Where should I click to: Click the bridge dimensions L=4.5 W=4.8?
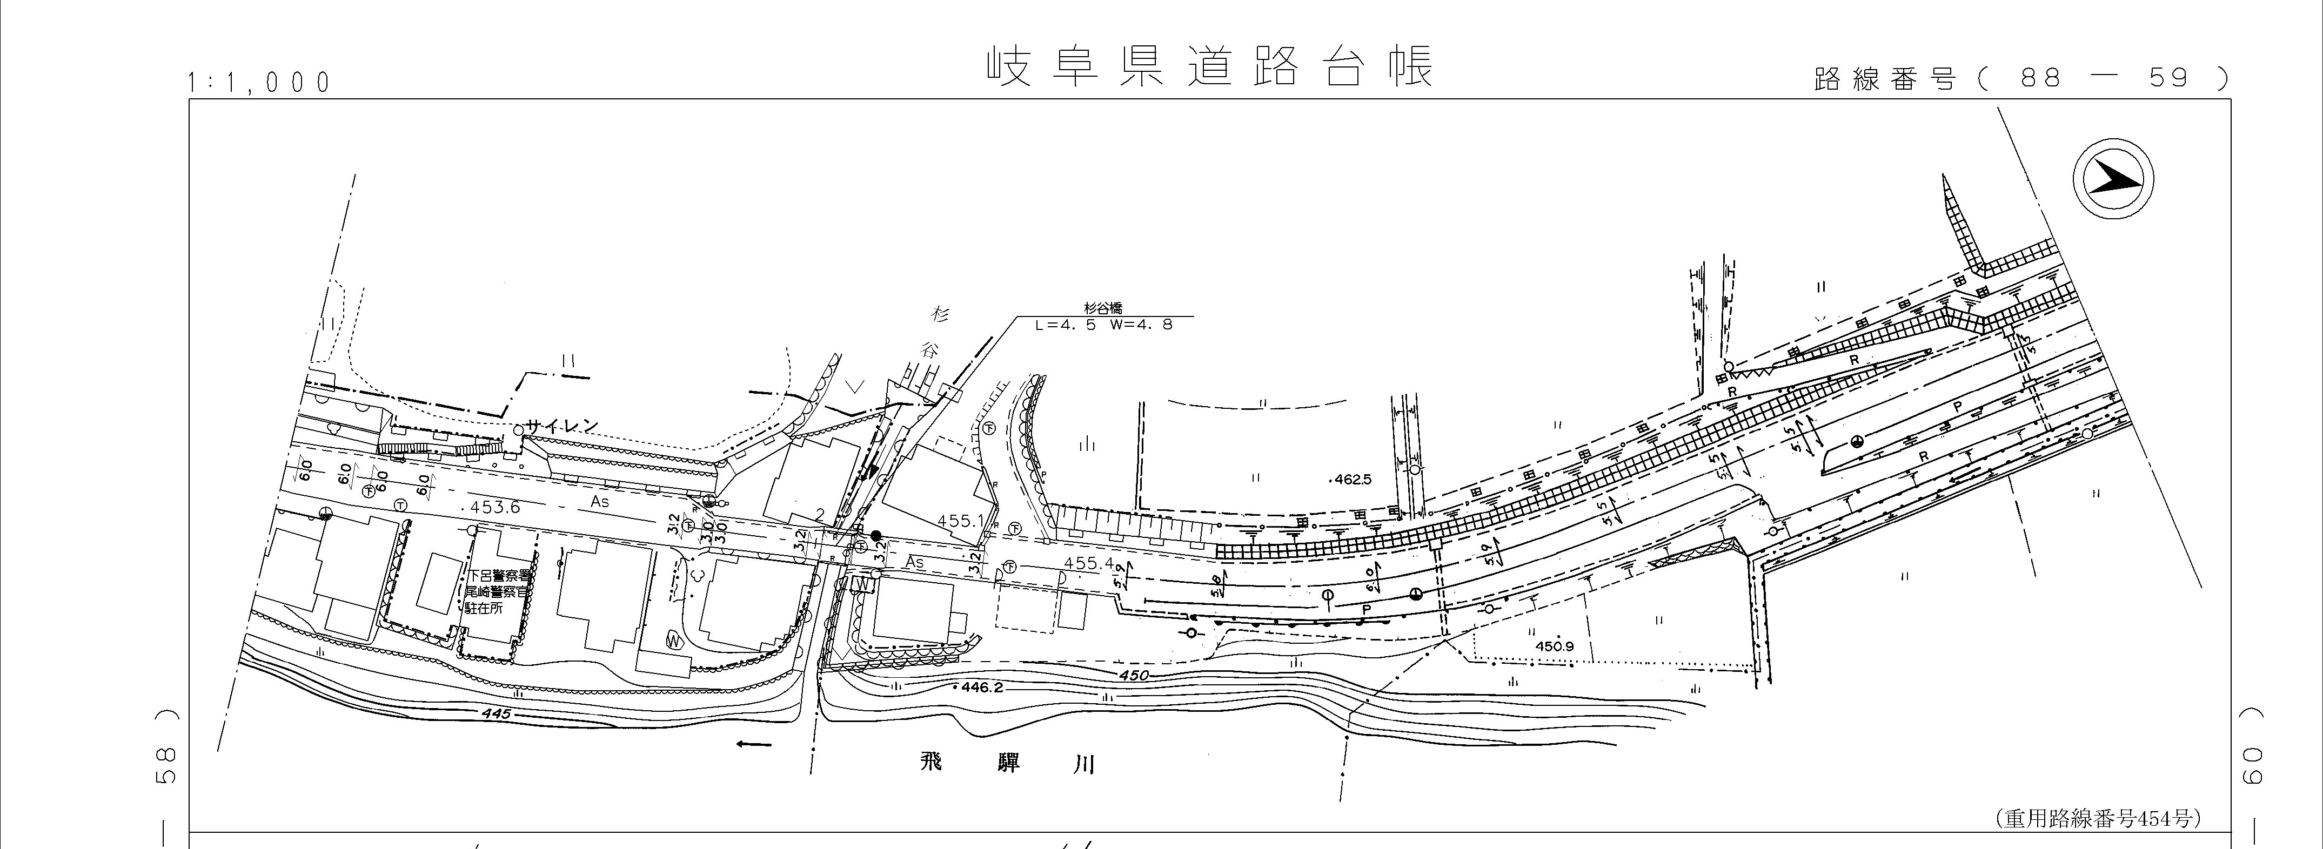1104,325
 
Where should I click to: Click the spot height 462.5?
1352,480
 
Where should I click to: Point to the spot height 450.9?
1554,646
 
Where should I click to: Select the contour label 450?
1134,675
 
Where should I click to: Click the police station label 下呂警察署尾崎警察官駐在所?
497,591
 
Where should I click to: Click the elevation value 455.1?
960,521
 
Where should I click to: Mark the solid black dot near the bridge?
875,535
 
